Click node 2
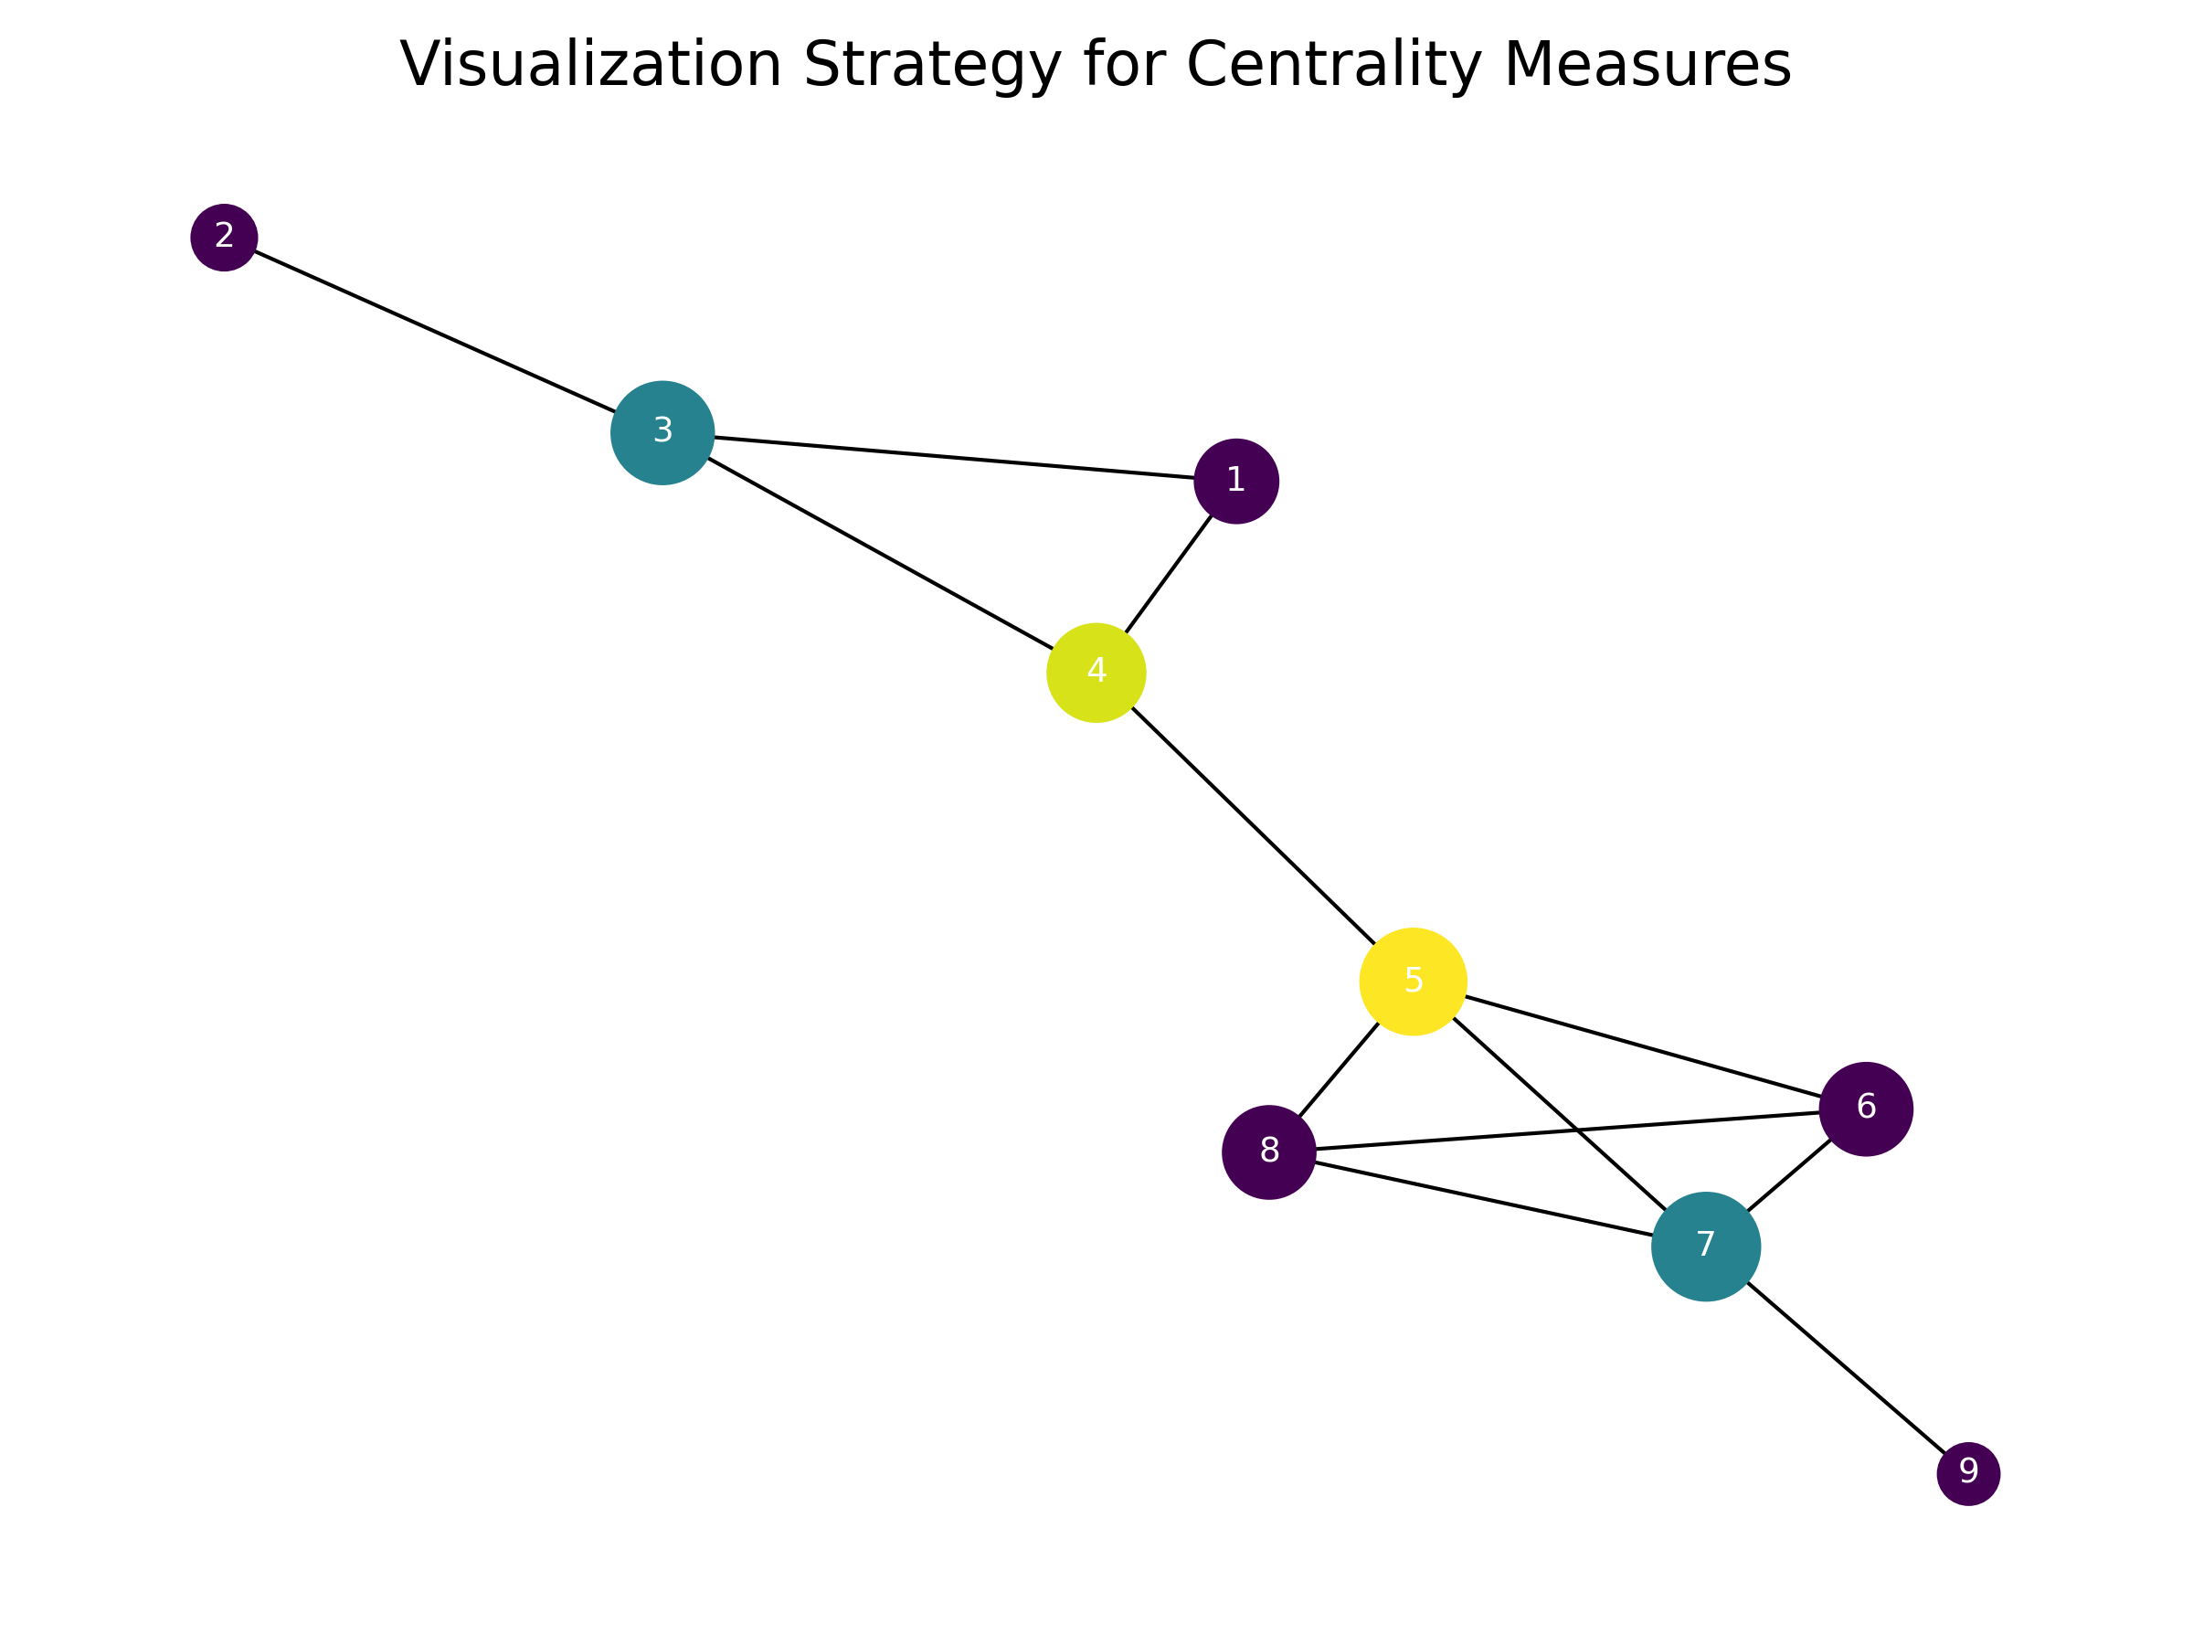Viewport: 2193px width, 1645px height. point(224,238)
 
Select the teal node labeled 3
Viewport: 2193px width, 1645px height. point(662,433)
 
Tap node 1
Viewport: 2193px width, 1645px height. point(1236,482)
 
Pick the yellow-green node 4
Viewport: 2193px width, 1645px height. point(1096,674)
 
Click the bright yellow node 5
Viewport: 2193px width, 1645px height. point(1413,982)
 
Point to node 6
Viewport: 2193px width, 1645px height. point(1866,1109)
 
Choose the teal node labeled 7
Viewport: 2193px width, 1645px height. point(1706,1247)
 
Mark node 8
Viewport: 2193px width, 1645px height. point(1269,1152)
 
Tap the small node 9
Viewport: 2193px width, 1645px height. point(1969,1474)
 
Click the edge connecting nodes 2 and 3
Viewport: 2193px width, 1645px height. point(436,332)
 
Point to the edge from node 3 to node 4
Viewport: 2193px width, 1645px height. point(880,553)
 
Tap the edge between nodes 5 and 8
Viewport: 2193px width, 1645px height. point(1339,1070)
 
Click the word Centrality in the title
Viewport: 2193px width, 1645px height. point(1332,66)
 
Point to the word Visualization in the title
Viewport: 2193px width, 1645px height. point(591,66)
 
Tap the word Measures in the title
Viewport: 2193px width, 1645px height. point(1647,66)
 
